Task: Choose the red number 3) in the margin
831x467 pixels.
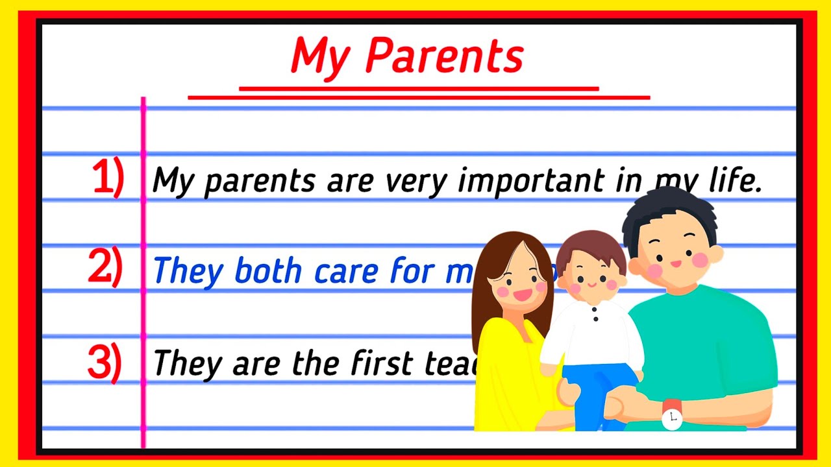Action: pos(105,363)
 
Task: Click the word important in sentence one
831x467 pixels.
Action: pos(536,180)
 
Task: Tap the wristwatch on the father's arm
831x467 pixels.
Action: pos(672,415)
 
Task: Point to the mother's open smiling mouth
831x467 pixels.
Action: pos(522,295)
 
